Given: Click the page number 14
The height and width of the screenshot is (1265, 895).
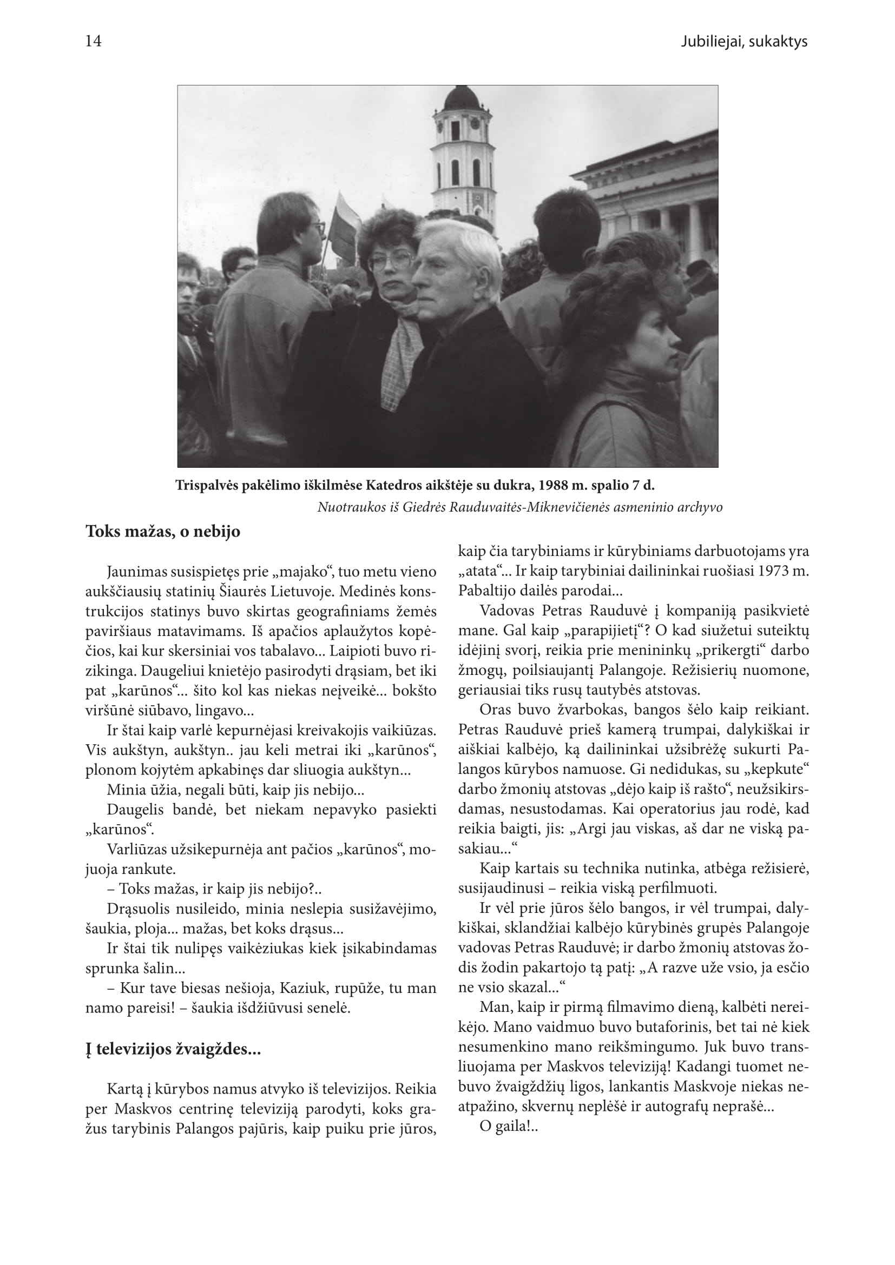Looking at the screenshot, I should (93, 41).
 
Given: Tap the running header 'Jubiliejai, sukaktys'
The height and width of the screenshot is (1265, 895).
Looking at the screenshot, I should (743, 42).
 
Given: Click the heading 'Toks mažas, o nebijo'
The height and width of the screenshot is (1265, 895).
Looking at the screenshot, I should (162, 532).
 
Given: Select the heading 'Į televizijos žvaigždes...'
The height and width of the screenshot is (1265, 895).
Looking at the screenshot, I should (173, 1050).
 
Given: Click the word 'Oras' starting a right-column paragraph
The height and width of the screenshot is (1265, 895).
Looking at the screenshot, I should (492, 710).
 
